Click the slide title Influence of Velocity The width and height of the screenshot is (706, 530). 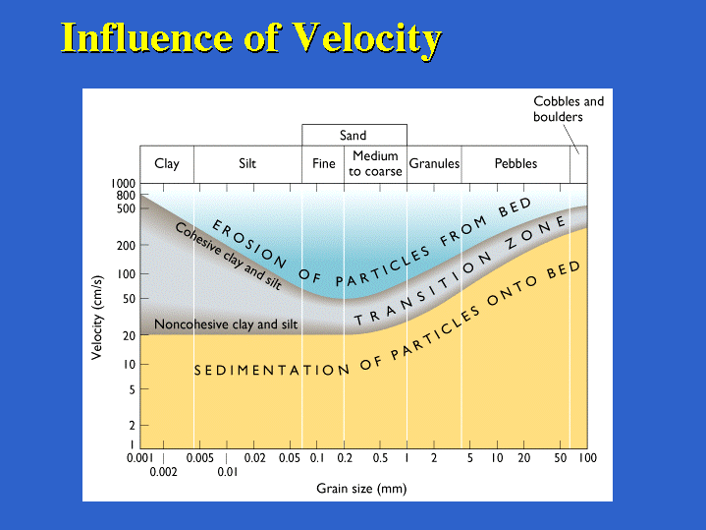pos(251,38)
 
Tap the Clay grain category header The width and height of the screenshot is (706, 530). pos(167,164)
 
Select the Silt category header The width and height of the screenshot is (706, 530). pos(247,163)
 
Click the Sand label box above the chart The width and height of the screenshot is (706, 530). pos(353,136)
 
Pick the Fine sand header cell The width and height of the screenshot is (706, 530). pos(324,163)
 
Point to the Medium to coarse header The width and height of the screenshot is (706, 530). pos(375,164)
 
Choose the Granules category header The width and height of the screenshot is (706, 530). pos(434,163)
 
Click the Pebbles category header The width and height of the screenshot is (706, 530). pos(516,163)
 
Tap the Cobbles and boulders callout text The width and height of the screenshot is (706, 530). pos(569,109)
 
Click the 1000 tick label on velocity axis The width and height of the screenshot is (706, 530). pos(123,184)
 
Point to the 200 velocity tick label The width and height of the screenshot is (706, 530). pos(126,246)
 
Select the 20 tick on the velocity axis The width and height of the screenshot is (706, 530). pos(129,335)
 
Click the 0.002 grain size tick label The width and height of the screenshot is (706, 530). pos(163,472)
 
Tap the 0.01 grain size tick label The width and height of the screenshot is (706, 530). pos(228,472)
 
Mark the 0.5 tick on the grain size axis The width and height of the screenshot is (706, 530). pos(380,458)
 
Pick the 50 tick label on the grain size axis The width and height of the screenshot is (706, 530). pos(560,458)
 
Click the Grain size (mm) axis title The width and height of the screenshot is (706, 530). pos(361,489)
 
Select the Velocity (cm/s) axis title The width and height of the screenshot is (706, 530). pos(97,318)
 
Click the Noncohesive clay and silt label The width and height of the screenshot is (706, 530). pos(226,324)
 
